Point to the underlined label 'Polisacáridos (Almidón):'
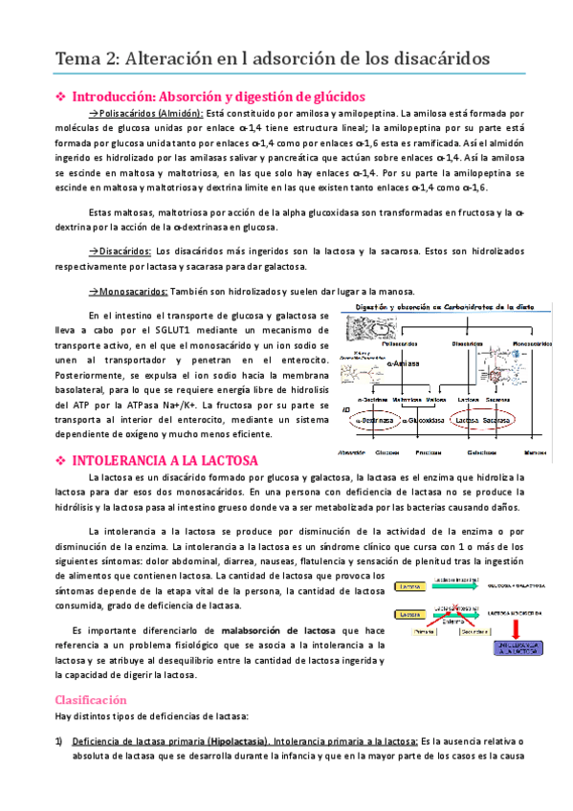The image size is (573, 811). click(x=151, y=113)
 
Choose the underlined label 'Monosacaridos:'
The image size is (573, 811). click(x=127, y=291)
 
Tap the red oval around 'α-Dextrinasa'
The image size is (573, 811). click(x=373, y=419)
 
